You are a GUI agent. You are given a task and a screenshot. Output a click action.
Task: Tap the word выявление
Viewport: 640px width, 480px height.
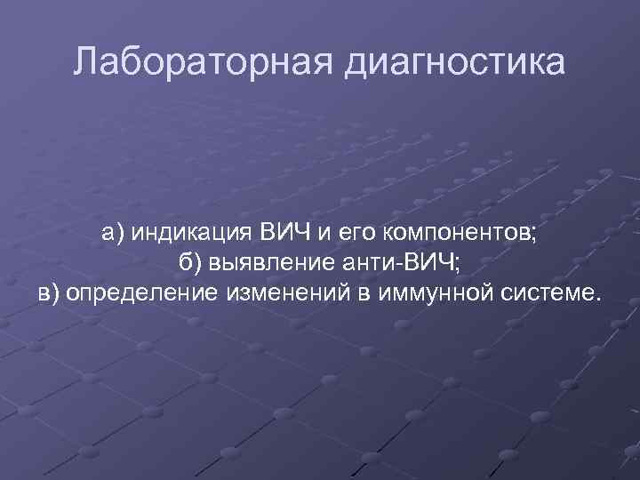pos(275,264)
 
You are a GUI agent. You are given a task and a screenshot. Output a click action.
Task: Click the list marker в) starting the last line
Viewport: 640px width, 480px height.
pos(50,293)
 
